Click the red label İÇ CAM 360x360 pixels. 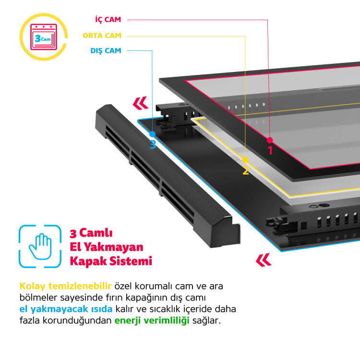(108, 20)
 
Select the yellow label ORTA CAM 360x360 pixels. (102, 36)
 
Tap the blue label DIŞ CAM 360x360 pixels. (106, 50)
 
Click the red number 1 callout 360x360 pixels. (270, 150)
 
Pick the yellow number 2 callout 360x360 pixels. (245, 170)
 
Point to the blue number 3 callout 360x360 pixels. (153, 144)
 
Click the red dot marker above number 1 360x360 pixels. (270, 140)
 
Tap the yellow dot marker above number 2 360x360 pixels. (245, 159)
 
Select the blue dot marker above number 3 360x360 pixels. (153, 134)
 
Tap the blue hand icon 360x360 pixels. (40, 246)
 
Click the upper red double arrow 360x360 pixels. (140, 103)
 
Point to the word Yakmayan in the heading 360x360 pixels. (117, 247)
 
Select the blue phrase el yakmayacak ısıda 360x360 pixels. (66, 309)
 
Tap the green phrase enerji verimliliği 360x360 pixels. (152, 320)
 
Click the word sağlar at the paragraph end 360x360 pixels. (206, 320)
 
